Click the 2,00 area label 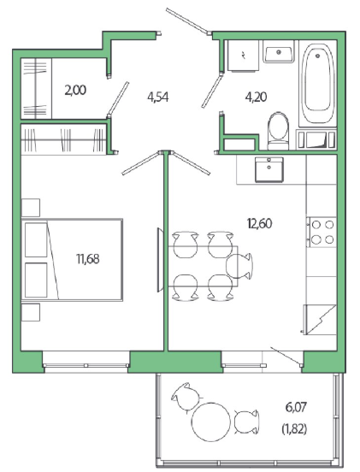pos(75,90)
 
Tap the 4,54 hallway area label pos(157,97)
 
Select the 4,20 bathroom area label pos(257,97)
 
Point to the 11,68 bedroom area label pos(88,259)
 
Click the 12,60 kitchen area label pos(259,224)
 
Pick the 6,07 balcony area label pos(296,407)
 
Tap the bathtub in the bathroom pos(318,84)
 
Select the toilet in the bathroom pos(278,131)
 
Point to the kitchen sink pos(269,169)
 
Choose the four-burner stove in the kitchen pos(322,232)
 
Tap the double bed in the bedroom pos(72,259)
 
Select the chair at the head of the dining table pos(239,266)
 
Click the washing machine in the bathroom pos(243,56)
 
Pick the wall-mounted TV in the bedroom pos(160,260)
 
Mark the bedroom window pos(86,365)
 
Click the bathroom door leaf pos(212,91)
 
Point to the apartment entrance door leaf pos(188,21)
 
